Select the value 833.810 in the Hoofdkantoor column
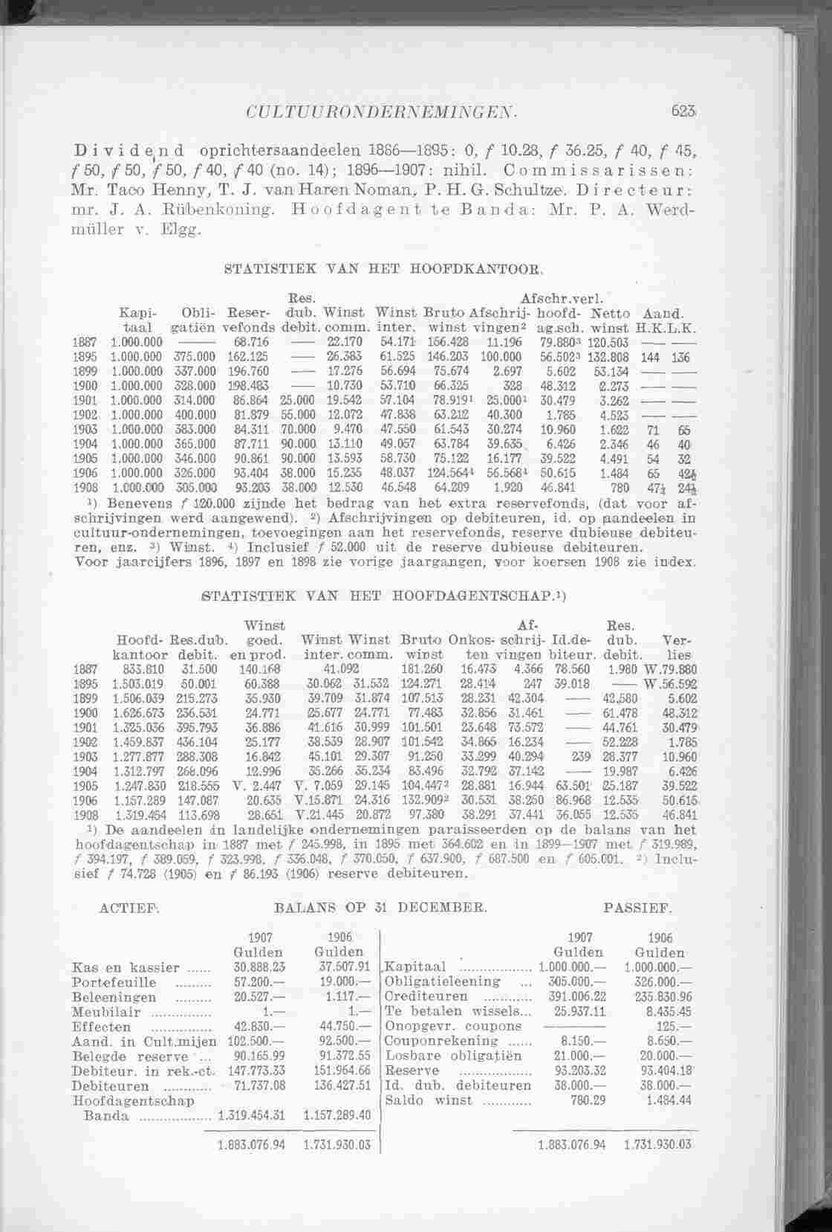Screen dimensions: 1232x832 pyautogui.click(x=136, y=668)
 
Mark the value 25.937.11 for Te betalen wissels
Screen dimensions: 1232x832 pyautogui.click(x=580, y=1012)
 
